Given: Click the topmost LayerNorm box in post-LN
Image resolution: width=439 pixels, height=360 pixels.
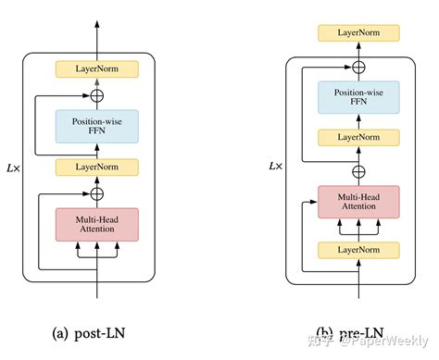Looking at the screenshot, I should [x=97, y=69].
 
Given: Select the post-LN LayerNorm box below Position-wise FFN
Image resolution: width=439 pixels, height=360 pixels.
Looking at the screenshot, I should [x=97, y=167].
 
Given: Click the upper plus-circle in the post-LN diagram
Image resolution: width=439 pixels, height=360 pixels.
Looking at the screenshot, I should [x=97, y=94].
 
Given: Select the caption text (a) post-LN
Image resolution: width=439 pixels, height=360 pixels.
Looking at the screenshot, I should [x=97, y=332].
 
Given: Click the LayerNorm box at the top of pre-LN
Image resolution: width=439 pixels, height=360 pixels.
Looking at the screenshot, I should [x=359, y=33].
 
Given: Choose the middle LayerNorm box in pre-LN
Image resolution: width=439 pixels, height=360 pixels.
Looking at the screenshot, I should [x=359, y=137].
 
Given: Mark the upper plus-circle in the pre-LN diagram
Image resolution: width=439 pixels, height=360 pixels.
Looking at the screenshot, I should [x=359, y=67].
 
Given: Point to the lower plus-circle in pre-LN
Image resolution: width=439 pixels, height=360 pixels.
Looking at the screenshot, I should [x=359, y=169].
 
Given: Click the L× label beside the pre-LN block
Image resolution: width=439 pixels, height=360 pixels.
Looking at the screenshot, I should [x=275, y=167].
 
